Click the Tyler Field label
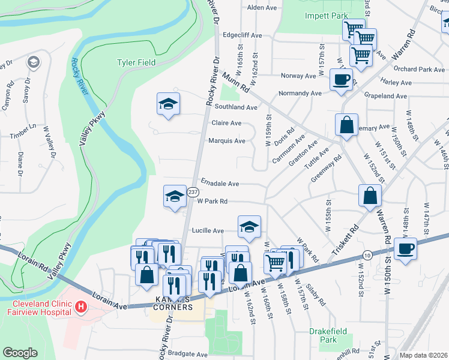click(x=136, y=62)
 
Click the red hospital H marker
click(x=81, y=308)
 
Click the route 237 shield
click(x=193, y=192)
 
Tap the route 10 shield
click(x=367, y=255)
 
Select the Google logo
click(x=20, y=353)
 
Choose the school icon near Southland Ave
click(x=169, y=103)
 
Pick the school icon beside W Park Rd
click(x=175, y=196)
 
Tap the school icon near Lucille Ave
click(x=249, y=226)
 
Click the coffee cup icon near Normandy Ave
click(x=341, y=79)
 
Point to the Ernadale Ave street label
click(x=220, y=184)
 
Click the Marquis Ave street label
click(x=226, y=141)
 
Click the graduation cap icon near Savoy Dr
click(x=33, y=62)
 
